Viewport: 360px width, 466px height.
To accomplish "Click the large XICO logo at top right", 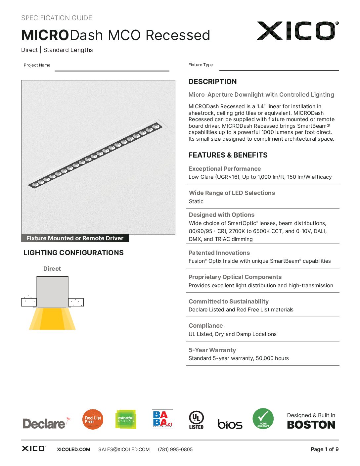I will pyautogui.click(x=297, y=31).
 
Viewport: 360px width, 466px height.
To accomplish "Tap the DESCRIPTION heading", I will pyautogui.click(x=212, y=82).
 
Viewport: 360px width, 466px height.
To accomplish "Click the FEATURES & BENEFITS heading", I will pyautogui.click(x=228, y=155).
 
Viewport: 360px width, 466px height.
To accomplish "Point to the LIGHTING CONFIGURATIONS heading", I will pyautogui.click(x=73, y=253).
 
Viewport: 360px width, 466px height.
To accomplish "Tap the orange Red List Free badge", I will pyautogui.click(x=93, y=419).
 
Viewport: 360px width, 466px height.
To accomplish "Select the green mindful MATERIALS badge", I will pyautogui.click(x=126, y=419).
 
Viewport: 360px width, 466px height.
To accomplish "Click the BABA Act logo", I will pyautogui.click(x=162, y=419).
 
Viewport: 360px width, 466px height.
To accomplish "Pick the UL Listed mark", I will pyautogui.click(x=196, y=420).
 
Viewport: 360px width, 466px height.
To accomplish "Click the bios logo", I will pyautogui.click(x=230, y=424).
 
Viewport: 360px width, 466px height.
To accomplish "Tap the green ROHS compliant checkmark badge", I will pyautogui.click(x=263, y=419).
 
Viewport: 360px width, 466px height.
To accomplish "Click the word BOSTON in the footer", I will pyautogui.click(x=311, y=425).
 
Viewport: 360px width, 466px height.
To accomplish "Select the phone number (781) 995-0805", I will pyautogui.click(x=175, y=449).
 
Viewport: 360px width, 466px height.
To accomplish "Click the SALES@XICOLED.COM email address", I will pyautogui.click(x=124, y=449).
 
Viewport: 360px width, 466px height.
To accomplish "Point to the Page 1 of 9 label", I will pyautogui.click(x=324, y=449).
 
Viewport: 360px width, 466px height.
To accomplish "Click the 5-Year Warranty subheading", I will pyautogui.click(x=212, y=350).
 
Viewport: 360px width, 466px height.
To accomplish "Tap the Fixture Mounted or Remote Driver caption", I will pyautogui.click(x=75, y=238).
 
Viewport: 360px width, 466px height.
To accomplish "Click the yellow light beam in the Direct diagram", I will pyautogui.click(x=52, y=319).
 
